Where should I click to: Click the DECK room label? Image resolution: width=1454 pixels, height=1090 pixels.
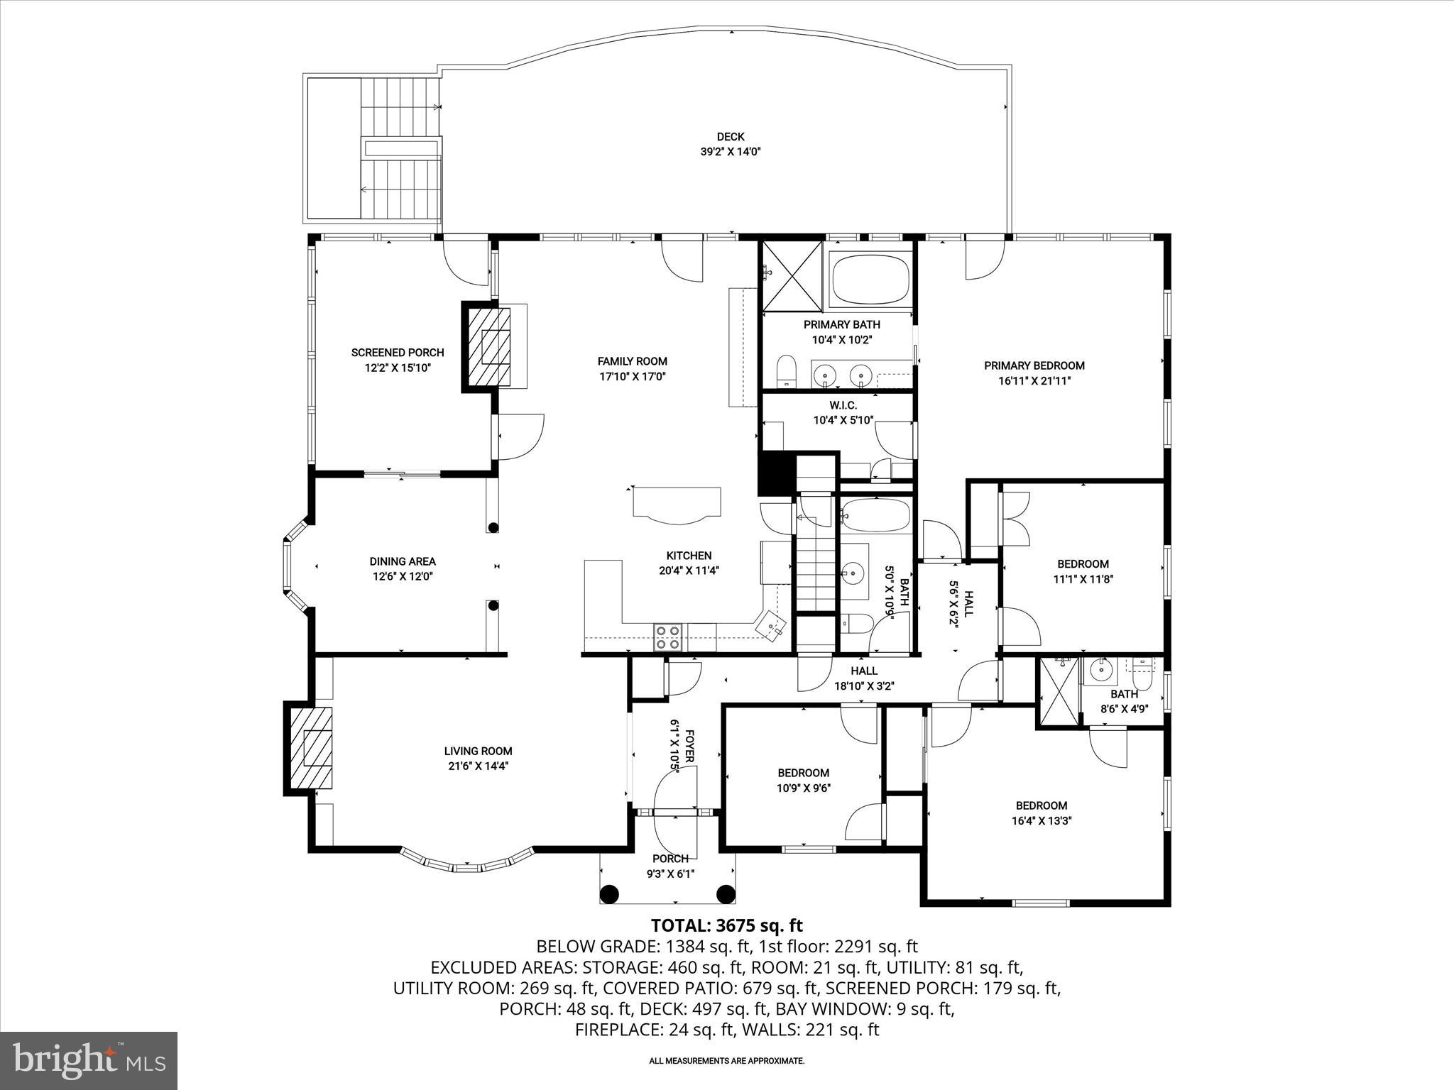pos(730,137)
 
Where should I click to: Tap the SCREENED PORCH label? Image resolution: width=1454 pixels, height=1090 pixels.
pos(398,353)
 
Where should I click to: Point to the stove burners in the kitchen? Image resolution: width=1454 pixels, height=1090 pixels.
pos(668,637)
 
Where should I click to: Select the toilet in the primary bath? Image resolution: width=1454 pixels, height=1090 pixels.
pos(786,372)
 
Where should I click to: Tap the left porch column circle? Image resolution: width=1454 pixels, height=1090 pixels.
pos(608,893)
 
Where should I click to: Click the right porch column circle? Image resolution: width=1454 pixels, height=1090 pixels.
pos(726,893)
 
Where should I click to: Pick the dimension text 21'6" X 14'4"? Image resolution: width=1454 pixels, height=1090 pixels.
pos(478,766)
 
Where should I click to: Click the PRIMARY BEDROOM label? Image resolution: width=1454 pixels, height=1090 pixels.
pos(1034,365)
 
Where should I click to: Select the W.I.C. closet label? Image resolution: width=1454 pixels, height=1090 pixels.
pos(843,405)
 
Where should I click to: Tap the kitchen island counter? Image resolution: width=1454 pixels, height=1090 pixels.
pos(677,502)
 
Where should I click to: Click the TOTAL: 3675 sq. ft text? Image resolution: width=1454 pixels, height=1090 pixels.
pos(726,925)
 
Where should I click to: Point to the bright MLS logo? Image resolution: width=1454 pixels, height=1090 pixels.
pos(89,1060)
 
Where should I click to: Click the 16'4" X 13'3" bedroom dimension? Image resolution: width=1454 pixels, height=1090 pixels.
pos(1042,820)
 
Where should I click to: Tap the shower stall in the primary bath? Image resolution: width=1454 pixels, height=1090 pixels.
pos(792,275)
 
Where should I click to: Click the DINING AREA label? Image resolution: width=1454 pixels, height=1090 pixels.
pos(403,561)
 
